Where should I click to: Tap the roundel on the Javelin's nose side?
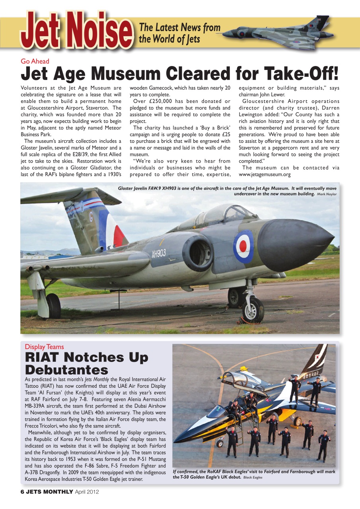point(243,246)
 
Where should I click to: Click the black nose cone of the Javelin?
point(294,245)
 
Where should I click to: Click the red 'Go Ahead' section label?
point(35,61)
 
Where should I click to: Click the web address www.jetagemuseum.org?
point(265,174)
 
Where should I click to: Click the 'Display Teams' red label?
point(44,347)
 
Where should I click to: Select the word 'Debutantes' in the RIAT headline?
point(66,369)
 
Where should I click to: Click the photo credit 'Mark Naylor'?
point(327,194)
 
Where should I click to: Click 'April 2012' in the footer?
point(87,492)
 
